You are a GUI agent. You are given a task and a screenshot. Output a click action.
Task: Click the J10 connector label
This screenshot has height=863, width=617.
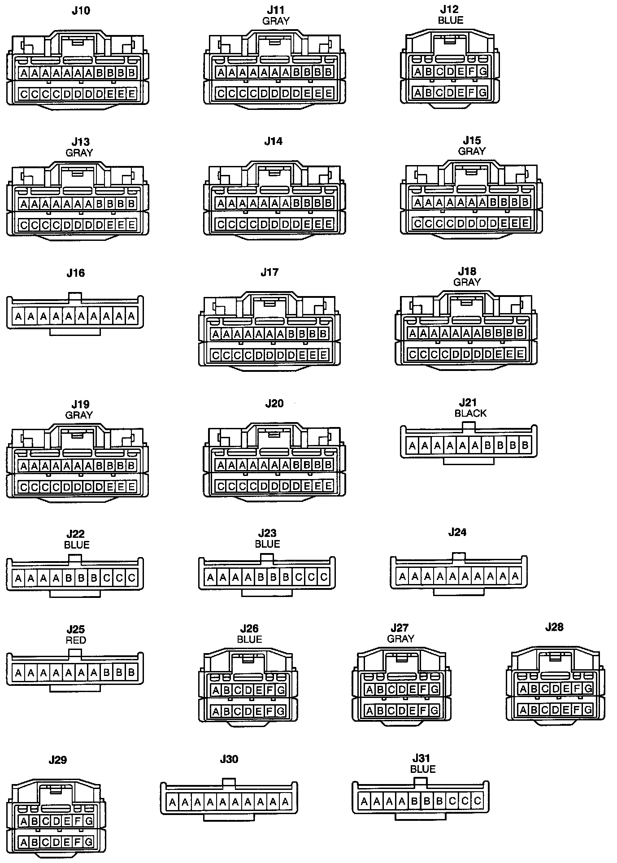coord(81,11)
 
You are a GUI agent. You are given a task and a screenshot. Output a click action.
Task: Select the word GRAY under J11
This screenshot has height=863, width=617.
coord(276,21)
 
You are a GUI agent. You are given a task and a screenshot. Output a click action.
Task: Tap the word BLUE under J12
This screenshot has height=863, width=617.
coord(450,20)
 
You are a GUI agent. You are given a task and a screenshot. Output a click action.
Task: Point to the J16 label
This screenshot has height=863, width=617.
coord(75,273)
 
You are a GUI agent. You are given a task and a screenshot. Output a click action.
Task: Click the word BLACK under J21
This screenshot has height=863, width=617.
coord(470,413)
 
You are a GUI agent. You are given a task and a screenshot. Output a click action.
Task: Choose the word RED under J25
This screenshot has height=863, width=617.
coord(76,640)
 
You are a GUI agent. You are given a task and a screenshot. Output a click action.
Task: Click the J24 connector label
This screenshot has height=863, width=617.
coord(457,532)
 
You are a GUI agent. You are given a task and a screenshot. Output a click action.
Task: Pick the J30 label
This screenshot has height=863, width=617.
coord(229,759)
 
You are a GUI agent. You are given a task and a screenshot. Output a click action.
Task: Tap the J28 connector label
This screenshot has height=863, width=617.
coord(554,627)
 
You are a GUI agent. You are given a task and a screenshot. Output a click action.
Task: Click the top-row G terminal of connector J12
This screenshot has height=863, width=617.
coord(483,71)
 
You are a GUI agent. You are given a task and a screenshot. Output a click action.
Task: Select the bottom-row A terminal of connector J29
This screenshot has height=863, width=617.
coord(23,842)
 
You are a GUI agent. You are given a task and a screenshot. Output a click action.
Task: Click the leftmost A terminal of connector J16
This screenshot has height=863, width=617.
coord(18,317)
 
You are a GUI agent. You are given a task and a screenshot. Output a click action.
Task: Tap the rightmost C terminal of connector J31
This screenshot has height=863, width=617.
coord(477,801)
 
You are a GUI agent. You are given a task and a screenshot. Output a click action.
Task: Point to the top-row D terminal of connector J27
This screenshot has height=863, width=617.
coord(402,689)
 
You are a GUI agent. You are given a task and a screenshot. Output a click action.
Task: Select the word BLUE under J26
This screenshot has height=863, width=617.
coord(249,639)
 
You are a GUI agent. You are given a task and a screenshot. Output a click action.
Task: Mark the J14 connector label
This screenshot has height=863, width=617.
coord(273,141)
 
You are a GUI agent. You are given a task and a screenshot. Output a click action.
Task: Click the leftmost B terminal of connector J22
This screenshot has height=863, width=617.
coord(69,578)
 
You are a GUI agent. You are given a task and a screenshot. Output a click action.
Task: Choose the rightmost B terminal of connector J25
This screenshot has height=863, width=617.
coord(131,672)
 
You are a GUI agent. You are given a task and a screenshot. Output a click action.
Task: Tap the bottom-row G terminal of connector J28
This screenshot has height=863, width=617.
coord(588,710)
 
